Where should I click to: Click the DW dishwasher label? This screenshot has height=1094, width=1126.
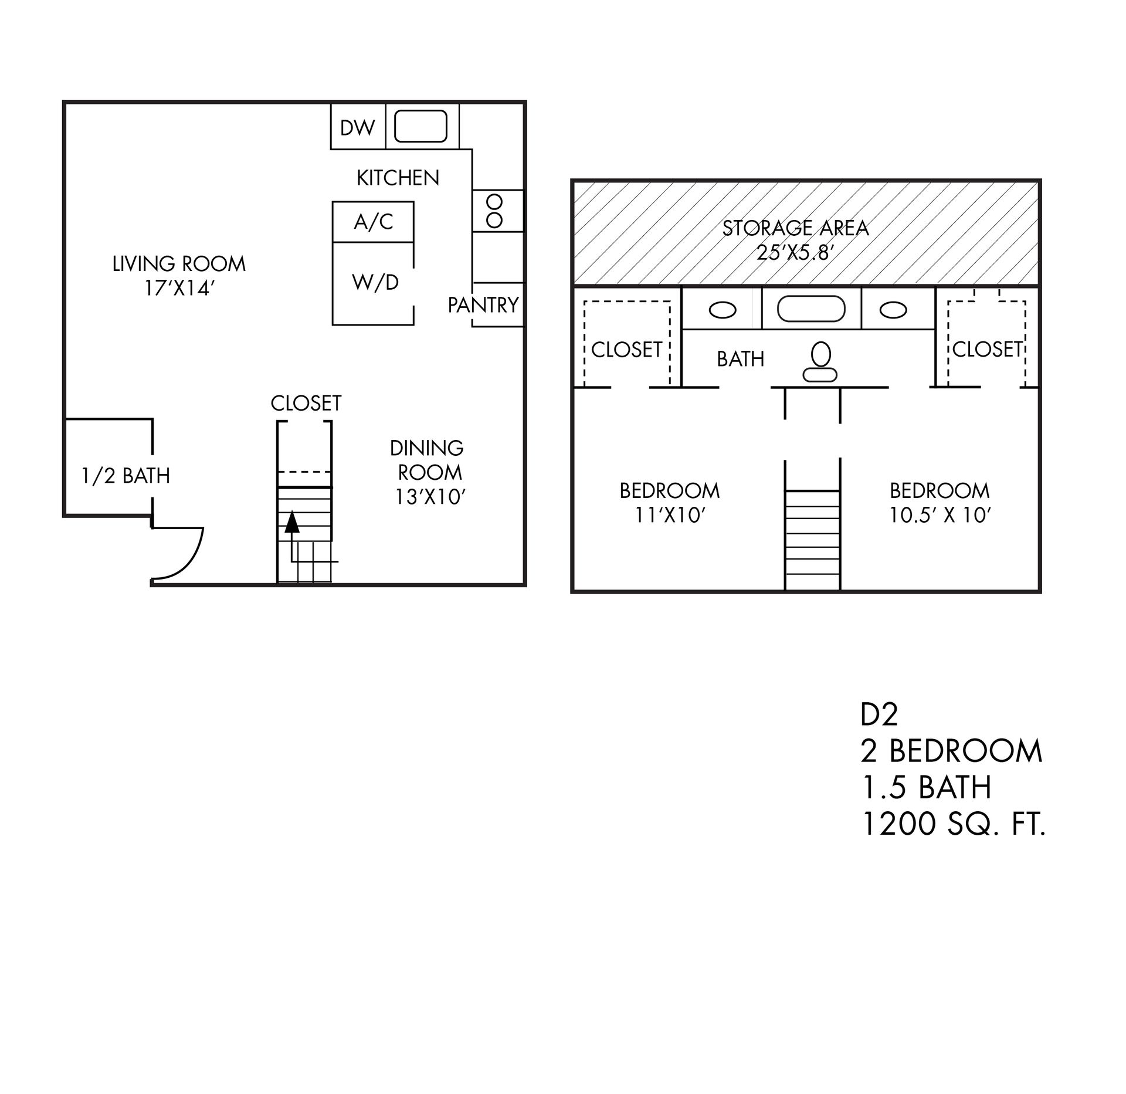pos(357,127)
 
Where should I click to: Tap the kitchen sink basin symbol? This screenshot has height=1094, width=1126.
pos(420,126)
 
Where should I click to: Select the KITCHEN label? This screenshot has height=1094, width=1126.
pos(398,178)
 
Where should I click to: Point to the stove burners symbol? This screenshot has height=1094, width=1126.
pos(495,211)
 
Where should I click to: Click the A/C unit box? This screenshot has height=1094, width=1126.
pos(373,222)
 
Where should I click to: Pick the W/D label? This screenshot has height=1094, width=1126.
pos(375,283)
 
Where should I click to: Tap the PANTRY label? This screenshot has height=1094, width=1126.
pos(483,305)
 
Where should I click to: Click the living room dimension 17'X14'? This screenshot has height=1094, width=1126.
pos(178,289)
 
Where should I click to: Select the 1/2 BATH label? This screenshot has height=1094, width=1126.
pos(126,475)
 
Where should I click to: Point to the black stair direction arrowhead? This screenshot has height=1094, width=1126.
pos(291,521)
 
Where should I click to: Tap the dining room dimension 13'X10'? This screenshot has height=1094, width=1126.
pos(430,497)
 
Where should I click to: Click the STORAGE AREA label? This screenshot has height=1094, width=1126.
pos(795,228)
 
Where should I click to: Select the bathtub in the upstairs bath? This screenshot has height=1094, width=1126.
pos(811,309)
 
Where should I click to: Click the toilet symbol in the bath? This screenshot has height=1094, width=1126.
pos(820,363)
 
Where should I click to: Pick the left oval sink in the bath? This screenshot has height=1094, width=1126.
pos(723,310)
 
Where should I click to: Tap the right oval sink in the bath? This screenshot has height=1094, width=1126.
pos(893,310)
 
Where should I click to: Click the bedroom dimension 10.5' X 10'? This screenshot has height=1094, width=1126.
pos(940,515)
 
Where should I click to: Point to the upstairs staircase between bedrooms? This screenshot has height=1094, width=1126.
pos(812,538)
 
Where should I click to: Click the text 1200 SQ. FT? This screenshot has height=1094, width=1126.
pos(953,824)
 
